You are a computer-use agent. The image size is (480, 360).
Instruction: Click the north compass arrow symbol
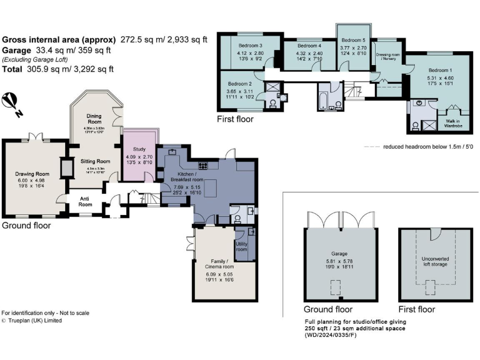pyautogui.click(x=11, y=104)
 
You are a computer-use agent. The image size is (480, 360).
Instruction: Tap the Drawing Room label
pyautogui.click(x=32, y=174)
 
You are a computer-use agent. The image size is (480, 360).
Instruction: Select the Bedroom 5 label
pyautogui.click(x=352, y=40)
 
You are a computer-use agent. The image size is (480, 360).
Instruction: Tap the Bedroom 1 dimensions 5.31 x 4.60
pyautogui.click(x=440, y=78)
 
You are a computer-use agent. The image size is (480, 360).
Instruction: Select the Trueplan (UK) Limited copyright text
pyautogui.click(x=32, y=320)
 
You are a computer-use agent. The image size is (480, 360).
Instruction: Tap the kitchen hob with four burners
pyautogui.click(x=204, y=166)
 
